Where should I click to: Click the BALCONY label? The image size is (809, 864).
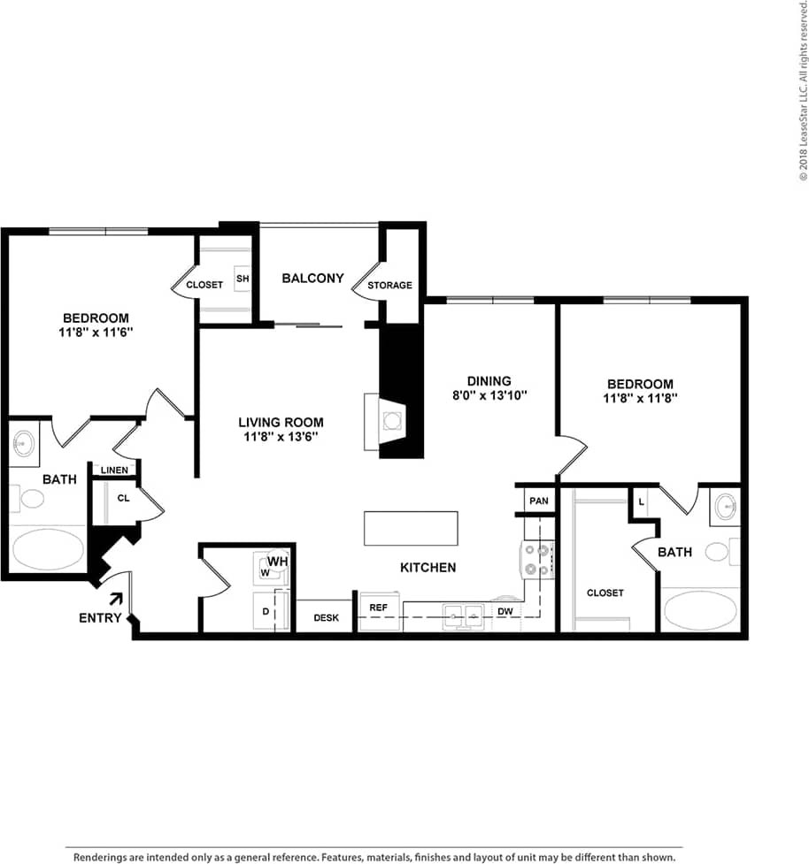coord(312,279)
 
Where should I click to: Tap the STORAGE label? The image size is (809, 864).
coord(390,286)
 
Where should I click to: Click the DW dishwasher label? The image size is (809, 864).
coord(505,611)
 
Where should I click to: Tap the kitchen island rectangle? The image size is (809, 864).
coord(411,529)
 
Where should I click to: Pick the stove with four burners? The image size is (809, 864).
coord(536,560)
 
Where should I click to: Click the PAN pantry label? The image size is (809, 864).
coord(539,501)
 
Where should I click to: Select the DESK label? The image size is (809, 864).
coord(327,618)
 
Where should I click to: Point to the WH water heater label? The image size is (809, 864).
coord(278,561)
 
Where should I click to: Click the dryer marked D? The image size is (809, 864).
coord(266,611)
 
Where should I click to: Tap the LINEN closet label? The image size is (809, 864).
coord(114,470)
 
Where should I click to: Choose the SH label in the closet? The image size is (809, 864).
coord(243,279)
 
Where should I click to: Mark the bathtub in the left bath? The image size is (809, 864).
coord(48,548)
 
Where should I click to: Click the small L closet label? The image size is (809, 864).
coord(640,501)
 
